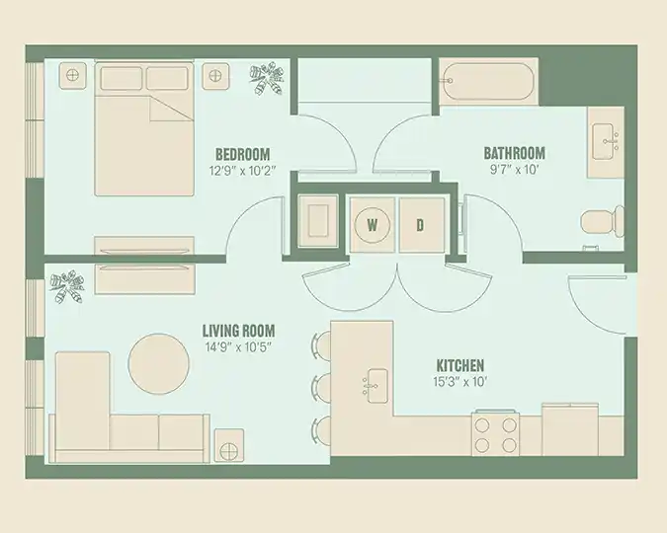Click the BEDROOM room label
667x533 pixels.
click(242, 154)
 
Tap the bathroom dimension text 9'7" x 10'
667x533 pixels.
click(514, 170)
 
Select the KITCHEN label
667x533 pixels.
click(460, 365)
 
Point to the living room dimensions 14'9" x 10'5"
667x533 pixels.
click(238, 347)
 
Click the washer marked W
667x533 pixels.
click(373, 224)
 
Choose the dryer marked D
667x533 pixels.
click(421, 224)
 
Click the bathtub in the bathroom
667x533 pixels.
click(487, 82)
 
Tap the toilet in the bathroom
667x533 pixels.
click(602, 221)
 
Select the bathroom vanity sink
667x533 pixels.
click(605, 142)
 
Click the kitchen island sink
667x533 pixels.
click(375, 386)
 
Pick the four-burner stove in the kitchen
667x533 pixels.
click(495, 434)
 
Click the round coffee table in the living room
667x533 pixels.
click(159, 364)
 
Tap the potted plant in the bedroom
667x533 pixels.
click(266, 78)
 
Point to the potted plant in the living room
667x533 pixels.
click(66, 286)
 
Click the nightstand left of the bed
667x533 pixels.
click(73, 76)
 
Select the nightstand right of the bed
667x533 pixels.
click(215, 76)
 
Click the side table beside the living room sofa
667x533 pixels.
click(229, 445)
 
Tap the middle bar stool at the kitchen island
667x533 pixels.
click(321, 387)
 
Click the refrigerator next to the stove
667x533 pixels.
click(570, 429)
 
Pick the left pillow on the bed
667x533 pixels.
click(122, 78)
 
